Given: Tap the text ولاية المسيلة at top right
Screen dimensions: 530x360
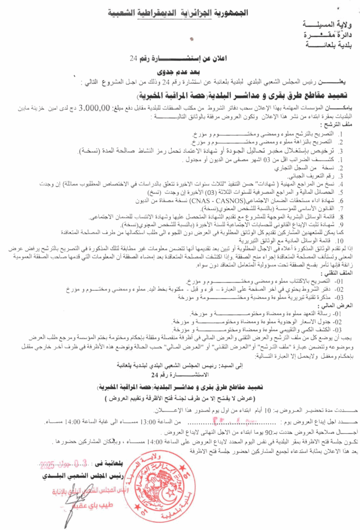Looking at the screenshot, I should tap(320, 25).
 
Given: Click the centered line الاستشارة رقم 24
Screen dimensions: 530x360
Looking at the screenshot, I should tap(176, 374).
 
